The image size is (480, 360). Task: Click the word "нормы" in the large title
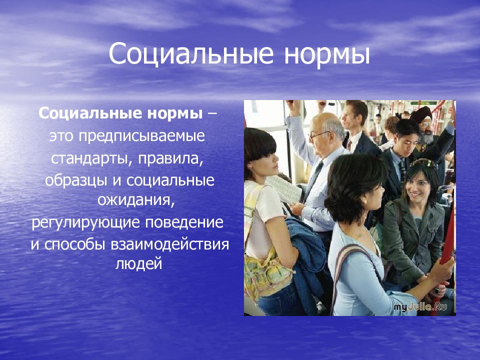point(327,54)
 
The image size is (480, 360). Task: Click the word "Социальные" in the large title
point(191,54)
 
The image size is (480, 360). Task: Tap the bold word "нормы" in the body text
point(175,113)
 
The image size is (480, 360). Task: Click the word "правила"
point(170,158)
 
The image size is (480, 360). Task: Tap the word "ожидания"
point(136,200)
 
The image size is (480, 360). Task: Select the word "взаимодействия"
point(170,244)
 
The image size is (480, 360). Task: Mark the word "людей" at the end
point(138,264)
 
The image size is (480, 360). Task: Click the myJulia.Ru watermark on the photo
point(420,307)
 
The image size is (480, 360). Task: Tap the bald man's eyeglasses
point(319,134)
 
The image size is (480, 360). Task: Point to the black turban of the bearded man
point(421,114)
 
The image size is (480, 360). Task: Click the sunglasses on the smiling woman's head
point(422,163)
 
